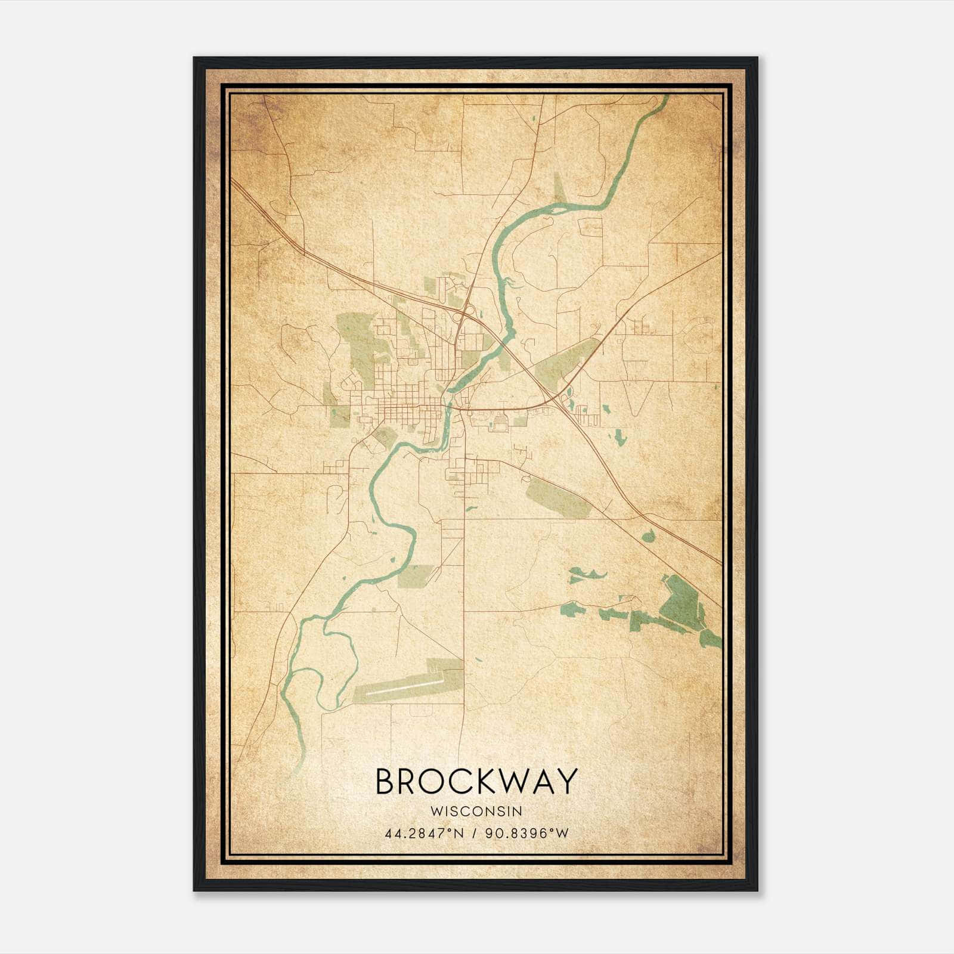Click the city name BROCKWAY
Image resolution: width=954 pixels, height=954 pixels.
(x=476, y=781)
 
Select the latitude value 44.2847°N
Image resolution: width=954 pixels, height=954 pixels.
(x=424, y=833)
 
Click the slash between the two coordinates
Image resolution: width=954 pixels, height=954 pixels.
(x=474, y=833)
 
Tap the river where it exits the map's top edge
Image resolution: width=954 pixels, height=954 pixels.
(x=664, y=98)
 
